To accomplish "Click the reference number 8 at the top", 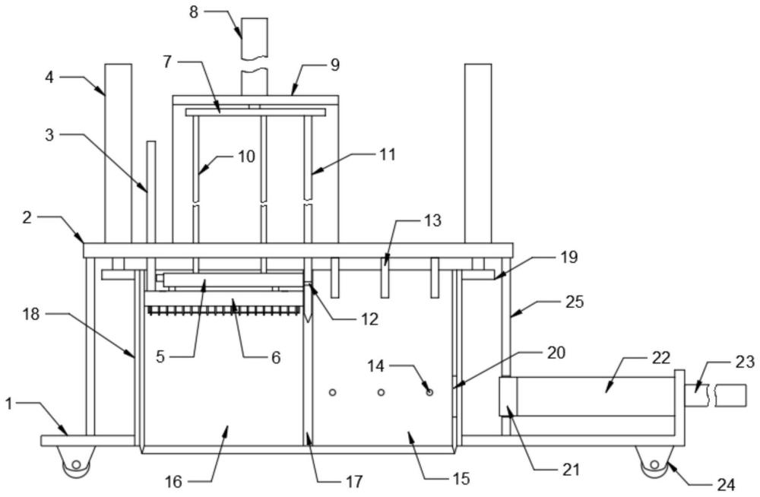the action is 194,11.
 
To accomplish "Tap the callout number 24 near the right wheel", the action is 726,484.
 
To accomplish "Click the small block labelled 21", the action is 508,396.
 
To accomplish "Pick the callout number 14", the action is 376,366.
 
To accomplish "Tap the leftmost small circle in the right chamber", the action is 333,392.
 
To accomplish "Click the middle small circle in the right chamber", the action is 381,392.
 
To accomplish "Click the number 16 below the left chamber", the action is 173,482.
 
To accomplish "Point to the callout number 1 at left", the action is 8,403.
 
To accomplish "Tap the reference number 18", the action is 30,314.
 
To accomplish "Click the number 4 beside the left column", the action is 49,77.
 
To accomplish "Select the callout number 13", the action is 433,220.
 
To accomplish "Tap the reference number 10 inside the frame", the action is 246,157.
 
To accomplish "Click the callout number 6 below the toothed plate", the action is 276,358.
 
